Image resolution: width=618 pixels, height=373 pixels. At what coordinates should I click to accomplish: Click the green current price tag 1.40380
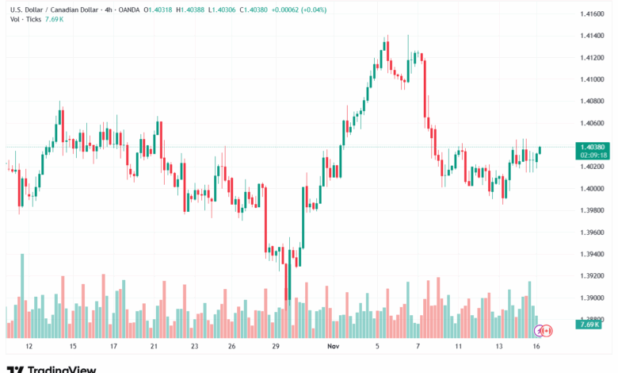pos(593,146)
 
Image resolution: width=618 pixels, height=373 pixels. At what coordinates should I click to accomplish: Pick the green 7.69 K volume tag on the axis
pos(588,325)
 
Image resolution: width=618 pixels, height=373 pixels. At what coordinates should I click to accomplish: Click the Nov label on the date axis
pos(334,347)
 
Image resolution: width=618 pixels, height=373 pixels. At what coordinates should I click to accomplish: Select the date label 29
pos(276,347)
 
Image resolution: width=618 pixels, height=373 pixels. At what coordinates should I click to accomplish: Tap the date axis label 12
pos(29,347)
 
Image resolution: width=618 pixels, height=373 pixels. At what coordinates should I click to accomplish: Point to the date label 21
pos(154,347)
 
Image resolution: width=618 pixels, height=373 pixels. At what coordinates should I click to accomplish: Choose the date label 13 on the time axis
pos(499,347)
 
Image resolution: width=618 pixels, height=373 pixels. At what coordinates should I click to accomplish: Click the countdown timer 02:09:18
pos(593,156)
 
